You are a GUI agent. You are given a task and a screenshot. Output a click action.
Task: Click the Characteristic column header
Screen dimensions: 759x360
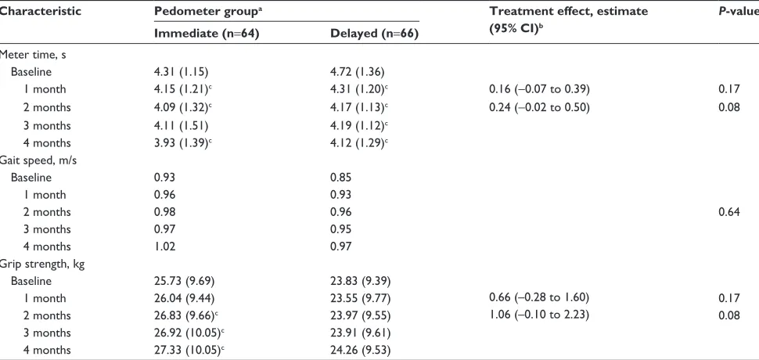click(x=40, y=11)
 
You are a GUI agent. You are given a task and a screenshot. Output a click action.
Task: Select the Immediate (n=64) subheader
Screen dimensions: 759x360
click(x=207, y=34)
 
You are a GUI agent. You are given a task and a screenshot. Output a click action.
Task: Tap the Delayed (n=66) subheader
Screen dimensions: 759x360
click(x=374, y=34)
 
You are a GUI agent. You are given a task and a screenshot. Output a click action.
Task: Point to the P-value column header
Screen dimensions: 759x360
click(x=739, y=11)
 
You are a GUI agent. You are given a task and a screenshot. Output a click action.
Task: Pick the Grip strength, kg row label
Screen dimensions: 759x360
click(x=42, y=265)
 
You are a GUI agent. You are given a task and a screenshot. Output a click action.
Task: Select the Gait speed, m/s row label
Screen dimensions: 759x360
click(x=38, y=160)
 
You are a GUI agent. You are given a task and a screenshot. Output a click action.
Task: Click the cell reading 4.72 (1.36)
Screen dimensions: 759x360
click(x=358, y=72)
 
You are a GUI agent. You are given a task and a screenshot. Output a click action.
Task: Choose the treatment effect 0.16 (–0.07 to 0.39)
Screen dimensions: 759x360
click(x=539, y=89)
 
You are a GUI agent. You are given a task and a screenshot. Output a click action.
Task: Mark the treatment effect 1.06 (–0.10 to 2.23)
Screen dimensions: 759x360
click(x=539, y=315)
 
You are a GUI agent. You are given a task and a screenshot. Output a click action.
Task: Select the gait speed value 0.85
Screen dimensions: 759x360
click(x=341, y=178)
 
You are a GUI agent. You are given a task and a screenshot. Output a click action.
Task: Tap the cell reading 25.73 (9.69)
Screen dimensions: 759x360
click(x=184, y=281)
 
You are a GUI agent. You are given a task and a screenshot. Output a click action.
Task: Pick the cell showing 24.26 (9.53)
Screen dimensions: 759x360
click(x=360, y=350)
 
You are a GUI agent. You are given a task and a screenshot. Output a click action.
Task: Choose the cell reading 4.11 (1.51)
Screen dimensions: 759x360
click(x=181, y=126)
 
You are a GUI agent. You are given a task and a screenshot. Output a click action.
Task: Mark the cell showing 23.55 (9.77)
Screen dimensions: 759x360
click(x=360, y=298)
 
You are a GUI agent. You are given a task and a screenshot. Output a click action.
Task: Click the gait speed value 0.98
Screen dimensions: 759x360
click(x=164, y=212)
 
